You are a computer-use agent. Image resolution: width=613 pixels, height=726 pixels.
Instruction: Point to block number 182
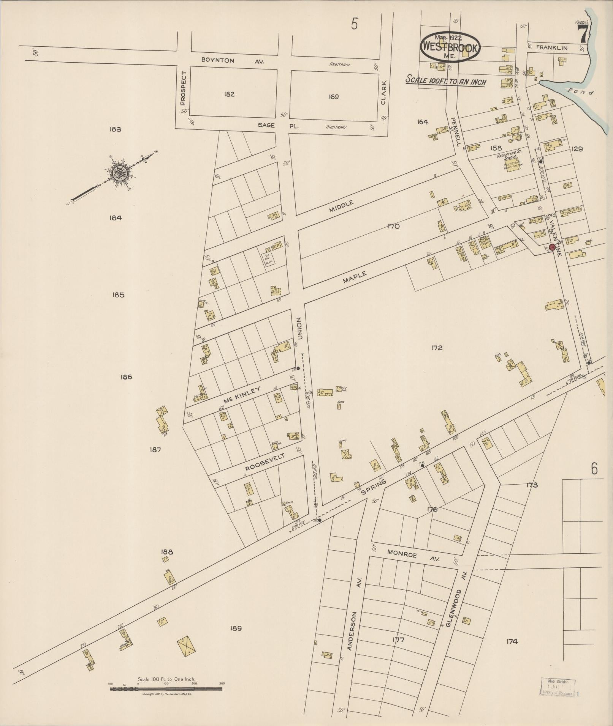[229, 94]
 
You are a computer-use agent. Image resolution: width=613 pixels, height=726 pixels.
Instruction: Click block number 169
[333, 97]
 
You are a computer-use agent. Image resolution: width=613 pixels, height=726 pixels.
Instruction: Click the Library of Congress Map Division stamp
[558, 687]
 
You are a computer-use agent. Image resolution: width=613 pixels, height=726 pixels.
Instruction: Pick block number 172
[437, 348]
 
